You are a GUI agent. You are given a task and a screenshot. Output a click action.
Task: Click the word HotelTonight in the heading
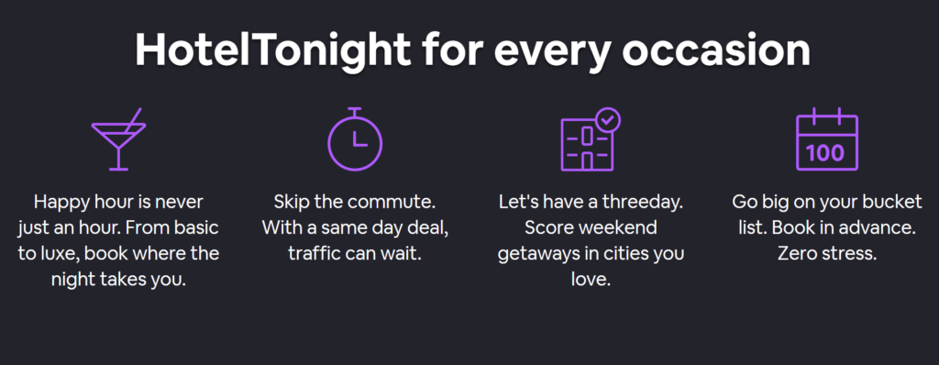coord(272,51)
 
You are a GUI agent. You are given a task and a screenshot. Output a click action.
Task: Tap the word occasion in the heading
coord(715,51)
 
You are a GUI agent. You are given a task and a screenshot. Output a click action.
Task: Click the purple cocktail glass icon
coord(118,139)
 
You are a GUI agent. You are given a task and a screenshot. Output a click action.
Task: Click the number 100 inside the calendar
coord(826,152)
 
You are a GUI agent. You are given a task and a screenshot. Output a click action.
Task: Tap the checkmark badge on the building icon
coord(608,120)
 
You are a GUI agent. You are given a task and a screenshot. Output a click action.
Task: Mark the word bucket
coord(897,202)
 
